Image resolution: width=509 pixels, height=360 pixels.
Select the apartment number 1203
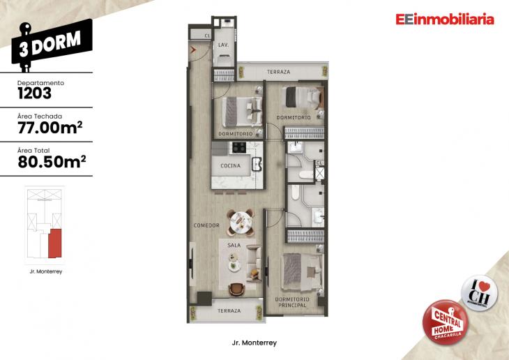point(35,91)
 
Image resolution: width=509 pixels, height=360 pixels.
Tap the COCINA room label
point(230,166)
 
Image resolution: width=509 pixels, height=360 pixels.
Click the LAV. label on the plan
point(222,45)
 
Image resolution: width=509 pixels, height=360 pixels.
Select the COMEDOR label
point(206,225)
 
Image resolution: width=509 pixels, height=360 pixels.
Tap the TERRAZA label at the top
point(279,73)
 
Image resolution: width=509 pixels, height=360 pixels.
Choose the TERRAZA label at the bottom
point(229,310)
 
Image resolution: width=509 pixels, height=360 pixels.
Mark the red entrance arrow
point(192,50)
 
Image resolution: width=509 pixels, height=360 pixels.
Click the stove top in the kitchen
point(238,147)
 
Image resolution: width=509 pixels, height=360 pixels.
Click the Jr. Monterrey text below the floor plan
point(254,343)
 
